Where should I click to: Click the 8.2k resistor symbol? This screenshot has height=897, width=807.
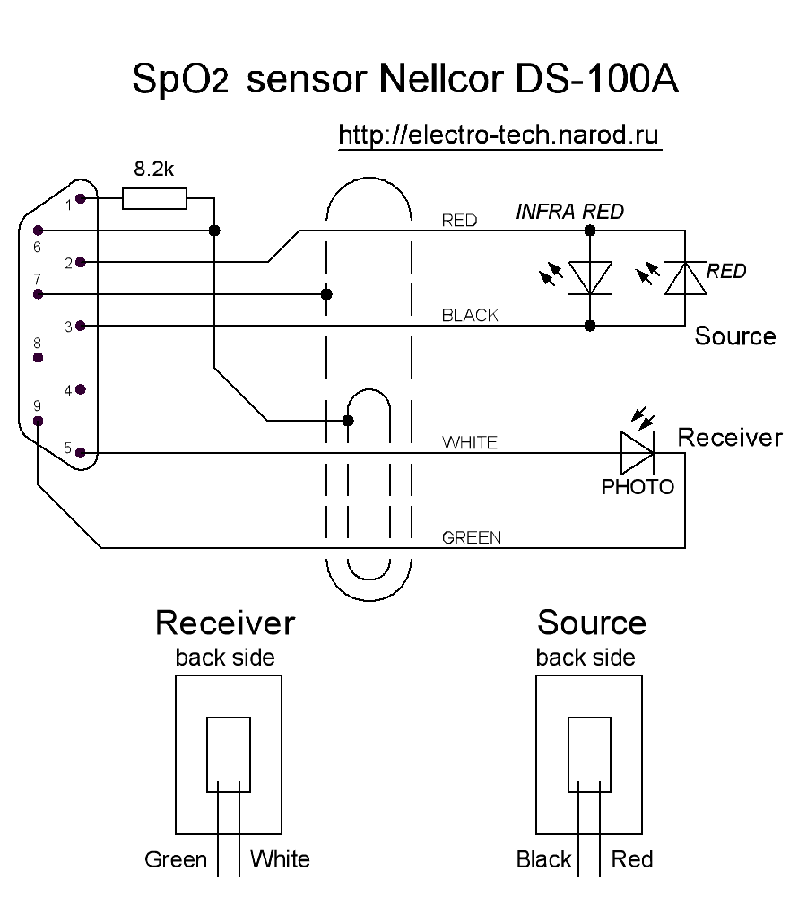[x=154, y=199]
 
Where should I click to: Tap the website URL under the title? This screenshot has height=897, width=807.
[x=499, y=135]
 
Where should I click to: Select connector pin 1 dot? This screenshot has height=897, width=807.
[x=81, y=199]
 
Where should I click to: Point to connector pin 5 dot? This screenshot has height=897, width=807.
[x=81, y=454]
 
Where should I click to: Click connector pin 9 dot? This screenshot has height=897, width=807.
[x=38, y=421]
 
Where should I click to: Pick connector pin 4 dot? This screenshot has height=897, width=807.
[x=81, y=389]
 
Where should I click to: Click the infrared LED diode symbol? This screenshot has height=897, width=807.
[x=590, y=277]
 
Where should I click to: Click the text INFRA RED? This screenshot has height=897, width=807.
[x=569, y=213]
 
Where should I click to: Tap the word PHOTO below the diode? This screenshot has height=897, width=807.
[x=638, y=487]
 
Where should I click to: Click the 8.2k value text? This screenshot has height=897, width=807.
[x=153, y=169]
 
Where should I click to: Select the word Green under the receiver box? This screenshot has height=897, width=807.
[x=176, y=859]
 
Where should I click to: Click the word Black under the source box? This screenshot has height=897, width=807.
[x=544, y=859]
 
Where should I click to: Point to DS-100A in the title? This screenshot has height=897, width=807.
[x=596, y=80]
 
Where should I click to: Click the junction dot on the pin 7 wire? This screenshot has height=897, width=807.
[x=326, y=294]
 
